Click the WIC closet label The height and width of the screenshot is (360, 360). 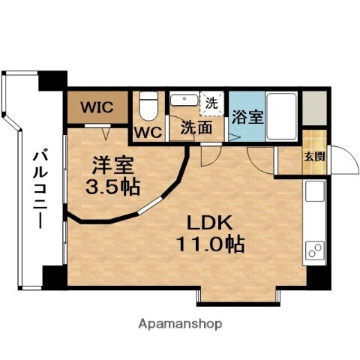(x=97, y=107)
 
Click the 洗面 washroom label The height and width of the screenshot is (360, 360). (x=194, y=127)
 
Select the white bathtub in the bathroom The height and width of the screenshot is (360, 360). (x=283, y=115)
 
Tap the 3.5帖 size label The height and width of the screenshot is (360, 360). (x=112, y=185)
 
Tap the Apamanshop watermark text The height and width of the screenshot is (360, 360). (x=180, y=324)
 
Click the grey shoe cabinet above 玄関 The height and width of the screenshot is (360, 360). (x=315, y=109)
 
